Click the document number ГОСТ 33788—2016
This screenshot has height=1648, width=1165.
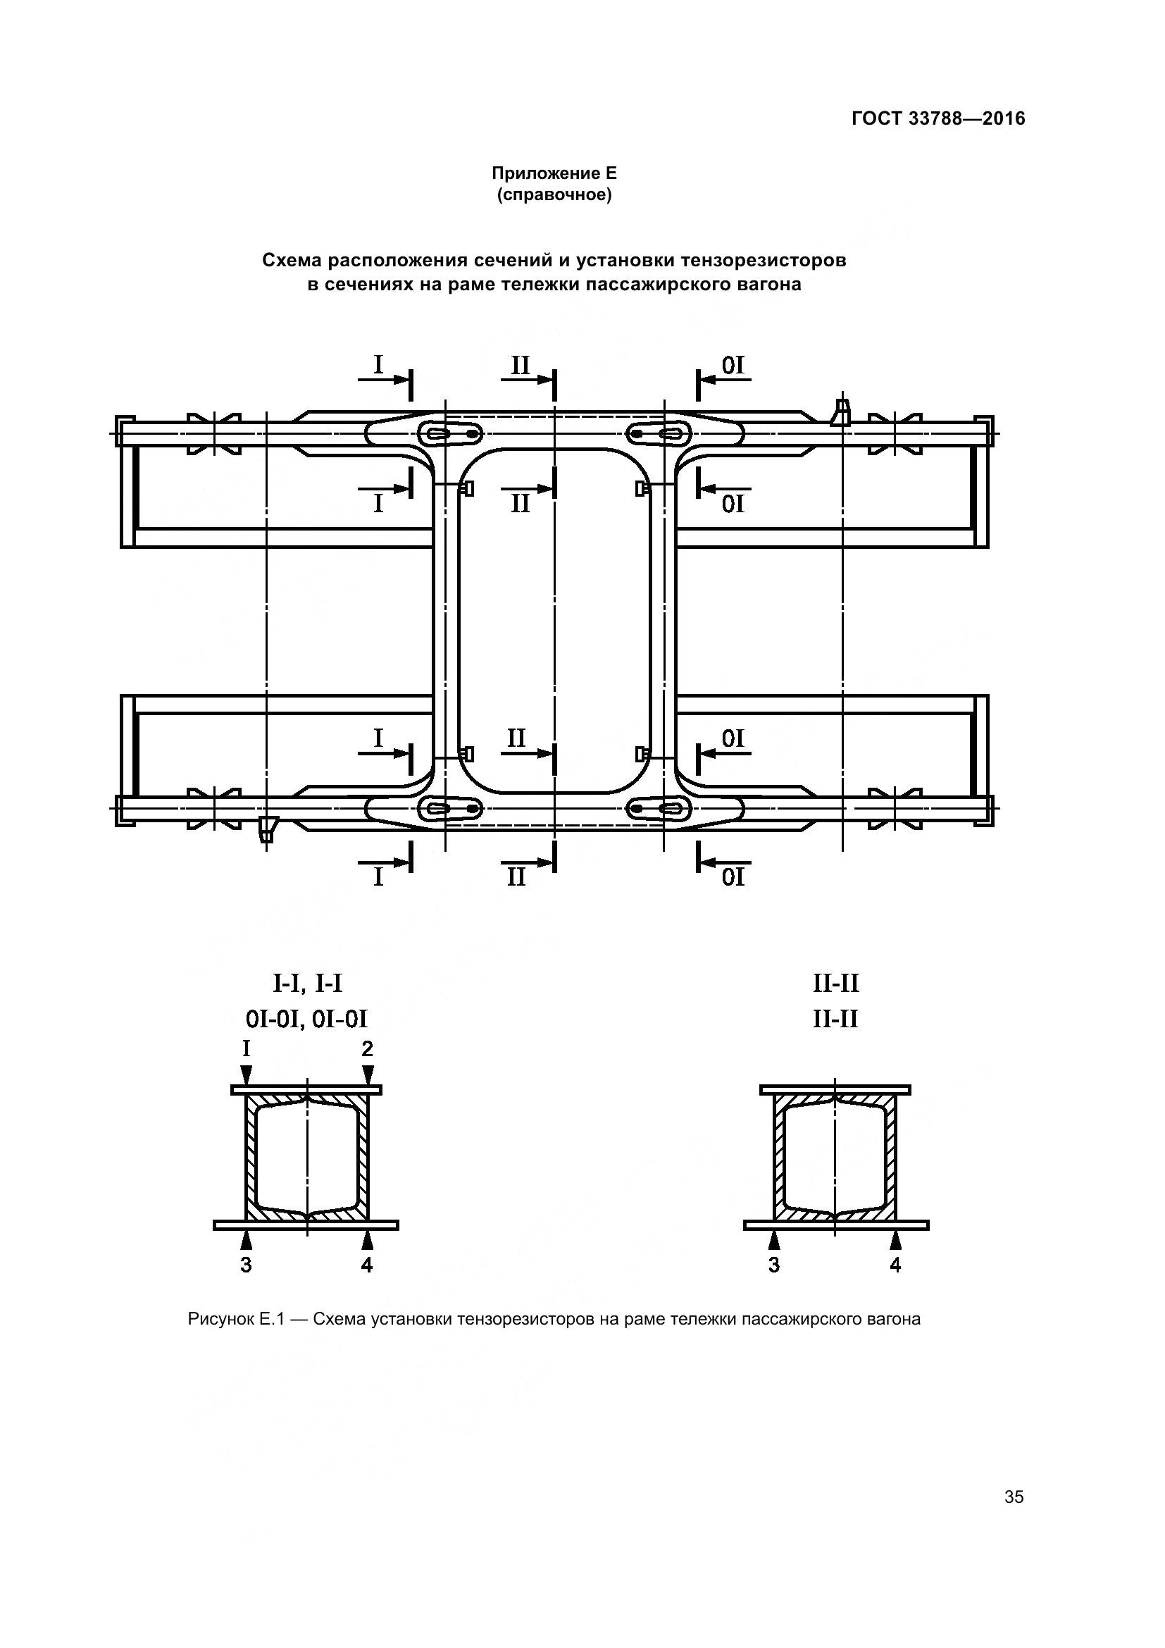point(938,118)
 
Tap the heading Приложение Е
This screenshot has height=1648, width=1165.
point(554,173)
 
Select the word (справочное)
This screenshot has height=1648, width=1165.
point(554,195)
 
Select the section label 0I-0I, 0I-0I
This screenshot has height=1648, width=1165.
point(306,1019)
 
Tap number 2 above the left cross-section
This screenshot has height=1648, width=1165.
point(367,1049)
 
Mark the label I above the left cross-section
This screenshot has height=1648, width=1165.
point(246,1049)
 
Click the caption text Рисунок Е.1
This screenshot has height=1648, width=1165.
point(237,1319)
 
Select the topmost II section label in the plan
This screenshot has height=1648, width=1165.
point(520,366)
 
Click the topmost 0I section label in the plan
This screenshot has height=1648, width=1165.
point(733,366)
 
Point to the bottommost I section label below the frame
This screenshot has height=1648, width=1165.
point(379,877)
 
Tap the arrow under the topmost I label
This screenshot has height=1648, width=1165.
point(384,380)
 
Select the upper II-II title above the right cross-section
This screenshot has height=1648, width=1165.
point(836,983)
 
